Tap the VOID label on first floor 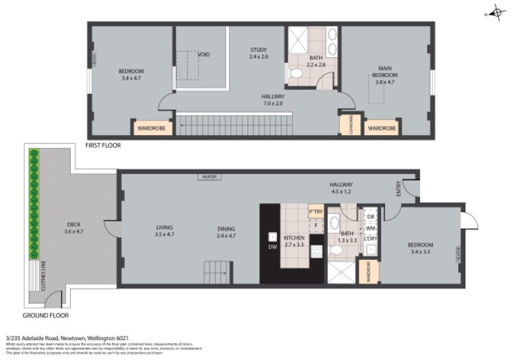(203, 55)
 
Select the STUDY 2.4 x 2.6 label (258, 53)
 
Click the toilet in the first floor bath (295, 75)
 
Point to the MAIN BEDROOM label (384, 71)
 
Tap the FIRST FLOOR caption (103, 146)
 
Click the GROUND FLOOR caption (45, 315)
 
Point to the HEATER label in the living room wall (208, 176)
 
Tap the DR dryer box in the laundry (370, 217)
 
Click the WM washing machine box (370, 227)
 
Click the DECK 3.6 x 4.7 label (73, 227)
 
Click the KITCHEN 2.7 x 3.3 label (293, 240)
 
